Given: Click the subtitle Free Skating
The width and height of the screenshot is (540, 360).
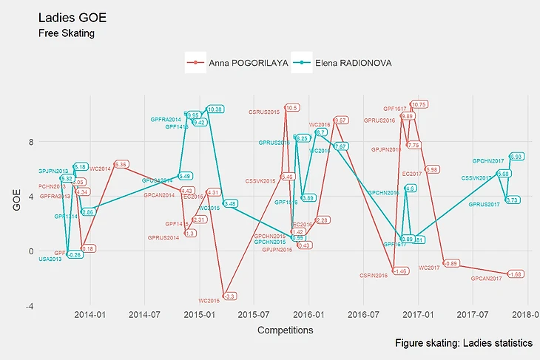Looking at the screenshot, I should coord(67,33).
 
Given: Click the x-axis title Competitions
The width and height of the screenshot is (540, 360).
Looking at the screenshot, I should coord(285,330).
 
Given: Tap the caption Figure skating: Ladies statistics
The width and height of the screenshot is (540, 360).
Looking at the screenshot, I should coord(464,344).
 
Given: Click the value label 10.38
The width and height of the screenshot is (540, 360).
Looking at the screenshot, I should coord(215,109).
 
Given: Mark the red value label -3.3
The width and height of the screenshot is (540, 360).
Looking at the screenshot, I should coord(230,296).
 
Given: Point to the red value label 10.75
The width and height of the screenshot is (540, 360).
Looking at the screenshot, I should coord(419,104).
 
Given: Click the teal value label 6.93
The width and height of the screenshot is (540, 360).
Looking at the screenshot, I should coord(517,157).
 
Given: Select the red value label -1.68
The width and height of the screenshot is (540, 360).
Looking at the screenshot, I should coord(516,274).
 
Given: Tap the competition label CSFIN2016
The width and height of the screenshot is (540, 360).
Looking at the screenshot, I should coord(374,276).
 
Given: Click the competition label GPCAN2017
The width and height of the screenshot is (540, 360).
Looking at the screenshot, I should coord(487,279).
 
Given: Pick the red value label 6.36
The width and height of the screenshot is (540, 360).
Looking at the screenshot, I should coord(121,164).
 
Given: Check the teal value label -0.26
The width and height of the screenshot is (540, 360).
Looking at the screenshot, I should coord(75,254).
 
